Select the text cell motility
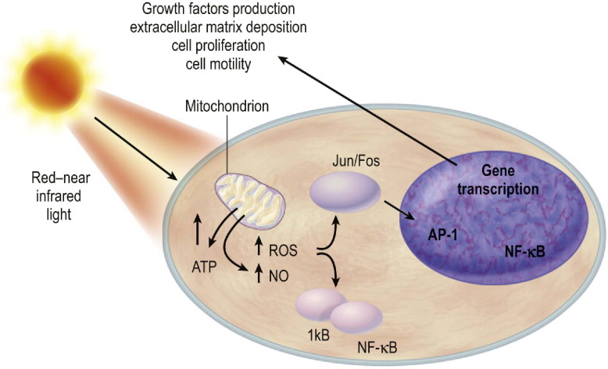coord(216,64)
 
